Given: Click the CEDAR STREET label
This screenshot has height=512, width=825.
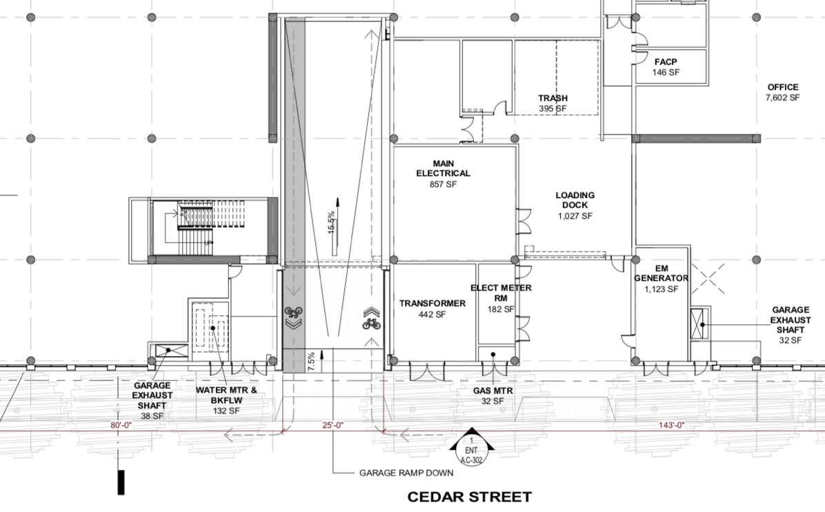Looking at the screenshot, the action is (469, 497).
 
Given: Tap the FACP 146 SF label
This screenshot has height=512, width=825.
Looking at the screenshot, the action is (666, 67).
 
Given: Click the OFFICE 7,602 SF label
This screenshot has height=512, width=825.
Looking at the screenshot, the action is (783, 92).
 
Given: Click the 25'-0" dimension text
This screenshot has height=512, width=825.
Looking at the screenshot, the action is (333, 425).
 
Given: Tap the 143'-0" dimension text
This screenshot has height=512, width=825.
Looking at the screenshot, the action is (672, 425).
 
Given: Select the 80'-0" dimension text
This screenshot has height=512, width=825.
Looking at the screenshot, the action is (121, 425).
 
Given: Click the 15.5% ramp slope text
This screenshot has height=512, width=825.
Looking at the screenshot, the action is (332, 223).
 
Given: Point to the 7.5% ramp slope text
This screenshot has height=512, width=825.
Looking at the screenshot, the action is (312, 362).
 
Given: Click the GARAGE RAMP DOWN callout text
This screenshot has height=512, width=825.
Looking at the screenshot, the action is (406, 473).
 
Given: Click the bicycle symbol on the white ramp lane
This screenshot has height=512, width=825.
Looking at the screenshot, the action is (372, 323).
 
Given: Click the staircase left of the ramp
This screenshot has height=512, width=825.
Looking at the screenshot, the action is (196, 227).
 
